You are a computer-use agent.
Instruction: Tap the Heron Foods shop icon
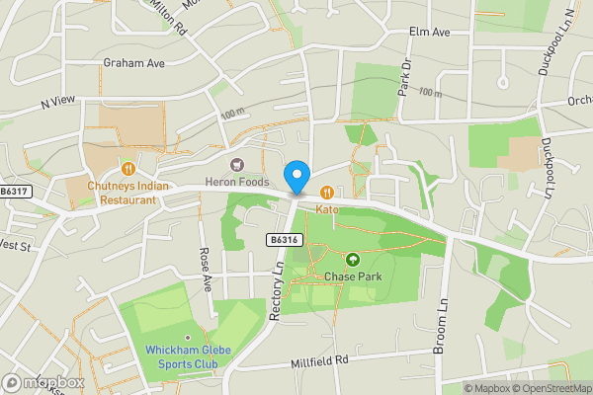pos(236,163)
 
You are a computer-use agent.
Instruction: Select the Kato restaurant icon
pos(326,193)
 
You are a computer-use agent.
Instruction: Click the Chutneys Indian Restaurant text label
pos(127,192)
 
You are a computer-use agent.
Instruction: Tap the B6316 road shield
pos(283,239)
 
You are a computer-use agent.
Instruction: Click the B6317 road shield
pos(15,192)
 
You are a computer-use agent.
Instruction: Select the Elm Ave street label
pos(429,32)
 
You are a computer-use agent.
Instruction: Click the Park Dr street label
pos(403,78)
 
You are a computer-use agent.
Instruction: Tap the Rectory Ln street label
pos(277,291)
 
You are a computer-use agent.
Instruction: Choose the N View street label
pos(58,102)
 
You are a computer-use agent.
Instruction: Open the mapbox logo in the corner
pos(43,382)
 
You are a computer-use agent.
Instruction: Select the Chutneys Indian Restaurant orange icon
pos(127,169)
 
